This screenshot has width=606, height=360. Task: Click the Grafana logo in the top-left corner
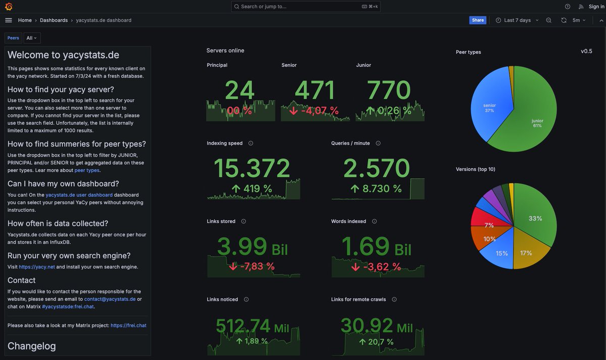[x=9, y=7]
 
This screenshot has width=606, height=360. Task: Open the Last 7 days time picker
[x=517, y=20]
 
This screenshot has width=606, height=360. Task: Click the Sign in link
[x=596, y=7]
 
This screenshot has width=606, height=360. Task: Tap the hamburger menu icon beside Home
[x=9, y=20]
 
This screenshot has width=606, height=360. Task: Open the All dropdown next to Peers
[x=32, y=38]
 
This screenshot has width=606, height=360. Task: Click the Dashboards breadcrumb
[x=54, y=20]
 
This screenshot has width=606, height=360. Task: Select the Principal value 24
[x=240, y=91]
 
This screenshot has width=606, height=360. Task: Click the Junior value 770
[x=389, y=91]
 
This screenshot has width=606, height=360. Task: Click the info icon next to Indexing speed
[x=251, y=143]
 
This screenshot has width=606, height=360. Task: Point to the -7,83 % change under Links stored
[x=252, y=266]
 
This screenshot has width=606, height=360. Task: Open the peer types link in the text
[x=87, y=171]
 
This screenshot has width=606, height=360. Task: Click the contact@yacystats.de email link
[x=110, y=299]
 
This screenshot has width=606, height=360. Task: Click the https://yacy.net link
[x=37, y=267]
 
